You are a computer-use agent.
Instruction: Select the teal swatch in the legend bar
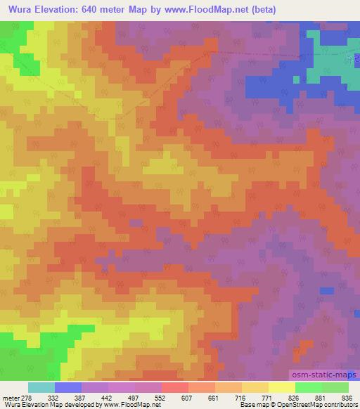(x=41, y=387)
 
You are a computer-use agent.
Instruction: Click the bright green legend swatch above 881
(x=308, y=387)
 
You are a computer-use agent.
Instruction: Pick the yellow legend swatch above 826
(x=281, y=387)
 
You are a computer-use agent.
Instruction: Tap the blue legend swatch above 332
(x=67, y=387)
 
